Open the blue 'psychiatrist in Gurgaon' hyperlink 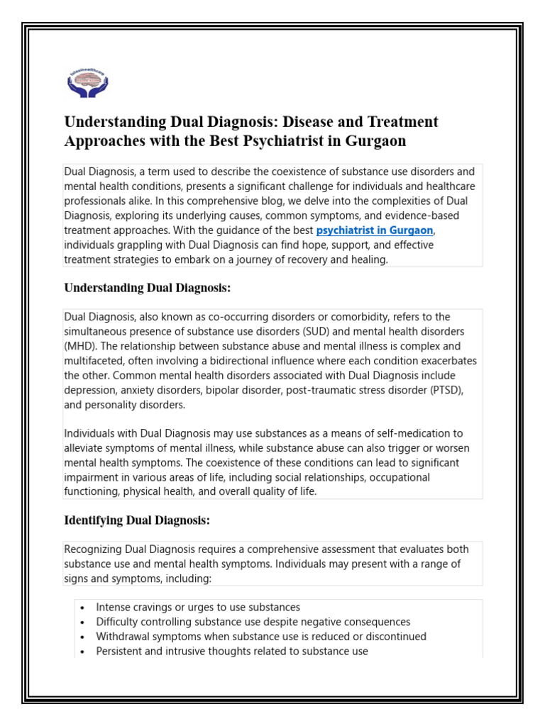pyautogui.click(x=374, y=231)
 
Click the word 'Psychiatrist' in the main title pyautogui.click(x=261, y=140)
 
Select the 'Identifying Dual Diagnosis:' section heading pyautogui.click(x=137, y=520)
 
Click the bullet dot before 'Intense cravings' pyautogui.click(x=83, y=608)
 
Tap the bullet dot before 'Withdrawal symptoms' pyautogui.click(x=83, y=637)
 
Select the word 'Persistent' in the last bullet pyautogui.click(x=121, y=651)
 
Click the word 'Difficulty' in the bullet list pyautogui.click(x=119, y=622)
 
